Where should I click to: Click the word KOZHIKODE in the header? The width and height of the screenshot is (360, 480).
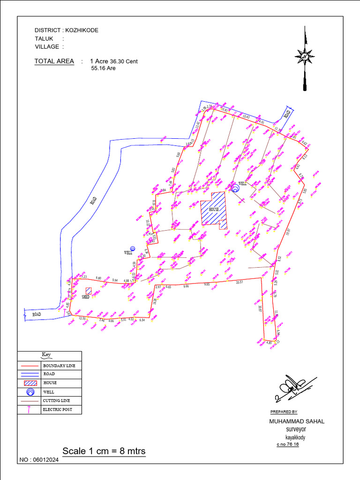pyautogui.click(x=82, y=30)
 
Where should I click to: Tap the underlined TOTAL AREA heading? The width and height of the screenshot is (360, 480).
pyautogui.click(x=54, y=61)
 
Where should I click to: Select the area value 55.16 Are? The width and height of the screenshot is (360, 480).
pyautogui.click(x=103, y=68)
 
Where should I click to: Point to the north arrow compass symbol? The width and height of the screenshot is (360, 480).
pyautogui.click(x=305, y=58)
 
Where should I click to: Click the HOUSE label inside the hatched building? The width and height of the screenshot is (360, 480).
pyautogui.click(x=214, y=209)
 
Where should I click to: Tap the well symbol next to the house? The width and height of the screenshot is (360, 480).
pyautogui.click(x=236, y=188)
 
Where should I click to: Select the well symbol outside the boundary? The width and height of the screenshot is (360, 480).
pyautogui.click(x=133, y=248)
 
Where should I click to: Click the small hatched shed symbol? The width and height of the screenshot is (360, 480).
pyautogui.click(x=89, y=291)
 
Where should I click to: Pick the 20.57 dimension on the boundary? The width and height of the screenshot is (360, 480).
pyautogui.click(x=240, y=282)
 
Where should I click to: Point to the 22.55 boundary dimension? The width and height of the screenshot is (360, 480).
pyautogui.click(x=82, y=319)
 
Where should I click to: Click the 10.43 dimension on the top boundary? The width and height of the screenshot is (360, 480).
pyautogui.click(x=247, y=117)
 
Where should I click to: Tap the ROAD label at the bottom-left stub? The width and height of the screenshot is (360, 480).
pyautogui.click(x=37, y=314)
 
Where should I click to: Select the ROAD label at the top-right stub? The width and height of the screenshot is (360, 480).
pyautogui.click(x=288, y=113)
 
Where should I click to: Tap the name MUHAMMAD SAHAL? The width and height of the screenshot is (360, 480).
pyautogui.click(x=297, y=421)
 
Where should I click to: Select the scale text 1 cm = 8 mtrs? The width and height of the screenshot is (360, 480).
pyautogui.click(x=104, y=451)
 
